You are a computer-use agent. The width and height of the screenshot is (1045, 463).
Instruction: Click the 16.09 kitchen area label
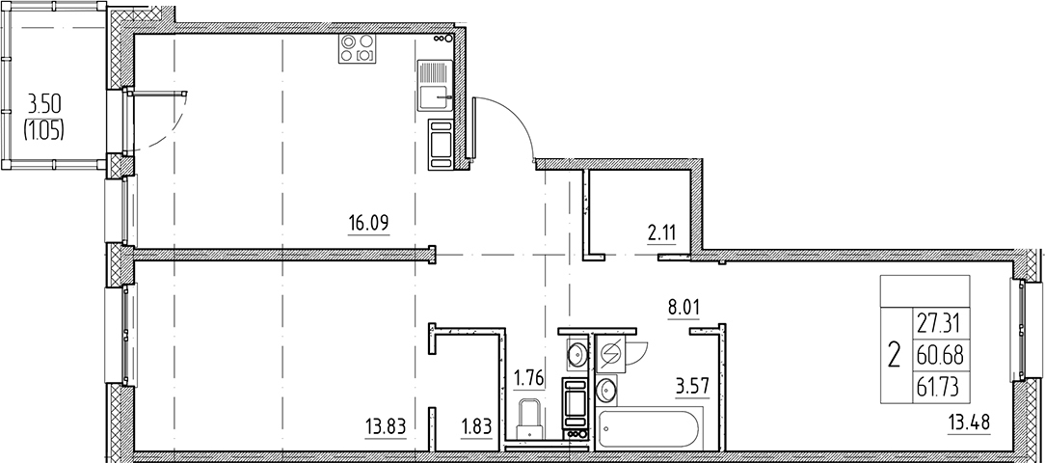[368, 223]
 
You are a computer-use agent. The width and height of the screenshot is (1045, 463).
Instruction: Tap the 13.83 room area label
[386, 425]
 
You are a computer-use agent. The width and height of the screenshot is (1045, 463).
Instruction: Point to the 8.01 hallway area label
[683, 309]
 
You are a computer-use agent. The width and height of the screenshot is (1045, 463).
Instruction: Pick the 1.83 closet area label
[476, 425]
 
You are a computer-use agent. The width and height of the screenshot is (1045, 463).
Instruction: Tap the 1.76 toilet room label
[528, 378]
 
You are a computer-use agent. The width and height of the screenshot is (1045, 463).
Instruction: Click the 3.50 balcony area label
[44, 105]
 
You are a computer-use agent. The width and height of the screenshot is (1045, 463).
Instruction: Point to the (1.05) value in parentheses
[44, 130]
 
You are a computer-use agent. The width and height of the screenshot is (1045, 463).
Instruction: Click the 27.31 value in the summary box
[940, 324]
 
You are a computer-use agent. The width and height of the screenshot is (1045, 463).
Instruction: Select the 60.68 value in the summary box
[940, 356]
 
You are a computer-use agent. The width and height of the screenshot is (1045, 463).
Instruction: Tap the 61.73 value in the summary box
[940, 386]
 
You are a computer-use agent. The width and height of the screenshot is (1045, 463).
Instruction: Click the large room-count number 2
[895, 355]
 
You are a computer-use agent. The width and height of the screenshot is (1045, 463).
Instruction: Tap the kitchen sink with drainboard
[435, 86]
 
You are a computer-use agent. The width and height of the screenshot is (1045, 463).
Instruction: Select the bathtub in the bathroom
[649, 429]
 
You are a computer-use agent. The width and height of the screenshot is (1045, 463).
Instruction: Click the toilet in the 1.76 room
[531, 419]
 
